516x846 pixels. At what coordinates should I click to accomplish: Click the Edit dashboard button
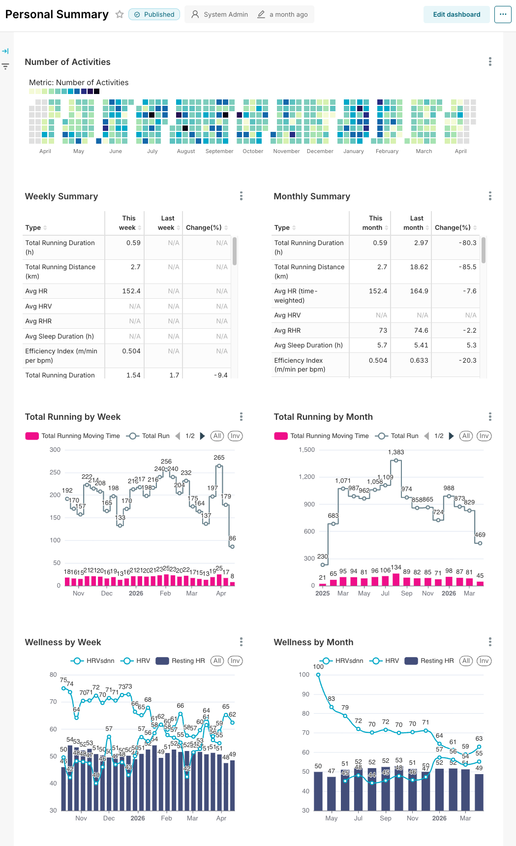coord(456,14)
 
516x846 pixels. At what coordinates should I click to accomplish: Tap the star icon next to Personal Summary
coord(120,14)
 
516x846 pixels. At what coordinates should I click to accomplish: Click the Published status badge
coord(154,14)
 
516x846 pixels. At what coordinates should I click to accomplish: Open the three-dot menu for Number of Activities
coord(489,62)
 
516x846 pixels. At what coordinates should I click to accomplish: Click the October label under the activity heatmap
coord(253,151)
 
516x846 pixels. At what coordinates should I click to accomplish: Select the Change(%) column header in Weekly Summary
coord(204,227)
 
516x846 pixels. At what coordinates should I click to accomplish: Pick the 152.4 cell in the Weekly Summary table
coord(131,291)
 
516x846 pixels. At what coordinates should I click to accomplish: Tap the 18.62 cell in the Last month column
coord(419,267)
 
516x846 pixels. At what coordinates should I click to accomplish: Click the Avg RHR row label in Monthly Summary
coord(287,330)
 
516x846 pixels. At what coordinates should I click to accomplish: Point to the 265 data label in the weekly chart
coord(219,457)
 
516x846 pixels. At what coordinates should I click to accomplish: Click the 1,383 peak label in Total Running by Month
coord(396,452)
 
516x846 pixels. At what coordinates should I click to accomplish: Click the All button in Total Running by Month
coord(466,436)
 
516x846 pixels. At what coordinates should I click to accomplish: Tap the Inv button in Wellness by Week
coord(235,661)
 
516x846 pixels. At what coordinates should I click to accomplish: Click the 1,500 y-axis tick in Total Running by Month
coord(306,450)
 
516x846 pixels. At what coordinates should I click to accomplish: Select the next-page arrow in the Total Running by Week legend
coord(202,436)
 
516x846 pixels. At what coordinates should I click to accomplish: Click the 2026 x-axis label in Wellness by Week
coord(138,818)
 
